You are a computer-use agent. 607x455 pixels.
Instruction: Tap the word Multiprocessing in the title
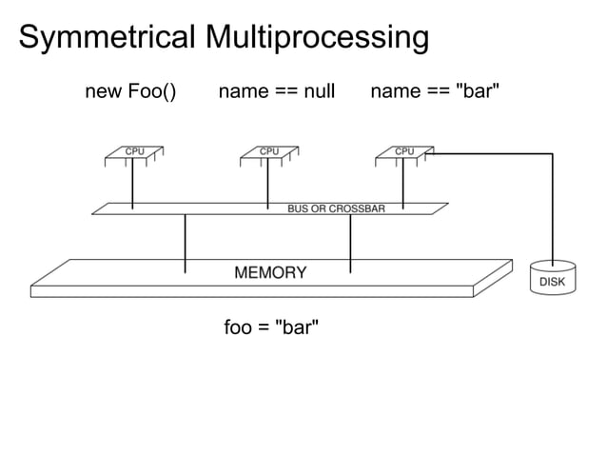point(313,38)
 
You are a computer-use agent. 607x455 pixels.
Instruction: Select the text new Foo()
point(130,91)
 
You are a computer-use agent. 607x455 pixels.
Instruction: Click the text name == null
point(277,91)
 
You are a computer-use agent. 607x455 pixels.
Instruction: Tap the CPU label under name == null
point(269,150)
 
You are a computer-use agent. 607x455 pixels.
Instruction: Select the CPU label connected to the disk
point(404,150)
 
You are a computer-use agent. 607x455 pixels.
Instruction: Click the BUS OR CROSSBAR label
point(336,208)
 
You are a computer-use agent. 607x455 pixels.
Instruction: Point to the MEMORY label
point(270,273)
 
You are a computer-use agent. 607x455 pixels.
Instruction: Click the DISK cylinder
point(552,279)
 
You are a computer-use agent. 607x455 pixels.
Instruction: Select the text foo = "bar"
point(271,328)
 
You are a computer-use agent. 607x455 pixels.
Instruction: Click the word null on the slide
point(318,91)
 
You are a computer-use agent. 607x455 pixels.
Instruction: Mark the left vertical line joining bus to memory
point(185,243)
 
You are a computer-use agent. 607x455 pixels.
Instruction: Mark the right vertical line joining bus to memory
point(351,243)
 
